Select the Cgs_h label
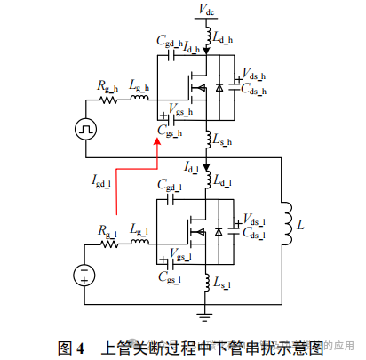click(x=169, y=132)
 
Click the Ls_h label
click(x=223, y=139)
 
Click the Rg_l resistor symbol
click(x=107, y=241)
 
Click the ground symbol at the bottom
click(x=206, y=312)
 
